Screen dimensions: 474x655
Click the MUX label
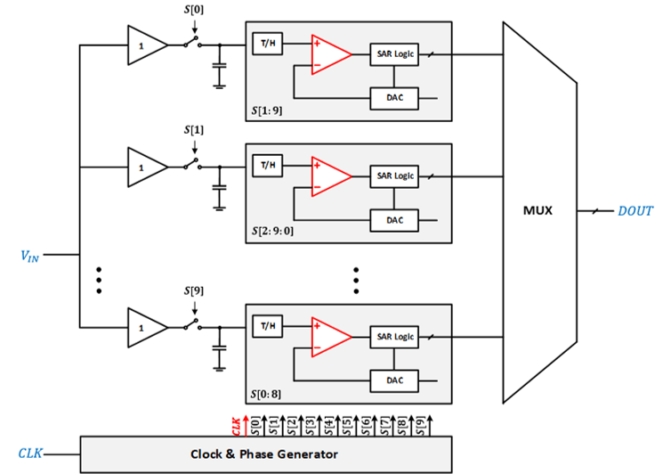tap(538, 212)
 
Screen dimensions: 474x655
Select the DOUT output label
tap(635, 212)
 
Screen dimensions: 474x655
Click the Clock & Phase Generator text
tap(264, 454)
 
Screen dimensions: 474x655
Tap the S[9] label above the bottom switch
tap(192, 291)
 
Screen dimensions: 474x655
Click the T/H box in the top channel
tap(267, 45)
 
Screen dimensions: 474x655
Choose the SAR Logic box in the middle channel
tap(393, 176)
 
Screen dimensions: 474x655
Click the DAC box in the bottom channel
tap(393, 380)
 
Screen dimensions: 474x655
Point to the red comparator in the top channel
tap(330, 53)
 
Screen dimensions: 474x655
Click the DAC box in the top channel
tap(393, 96)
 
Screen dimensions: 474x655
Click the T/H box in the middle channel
tap(267, 166)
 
